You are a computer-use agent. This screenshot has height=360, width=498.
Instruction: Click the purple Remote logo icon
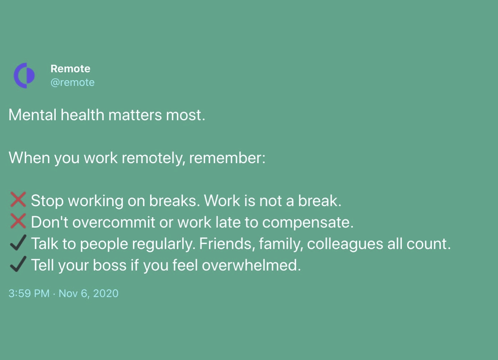[24, 76]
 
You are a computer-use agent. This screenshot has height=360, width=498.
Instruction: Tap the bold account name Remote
[70, 69]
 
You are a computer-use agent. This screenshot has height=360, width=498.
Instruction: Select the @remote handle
[73, 83]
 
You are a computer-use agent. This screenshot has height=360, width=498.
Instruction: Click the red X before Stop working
[18, 200]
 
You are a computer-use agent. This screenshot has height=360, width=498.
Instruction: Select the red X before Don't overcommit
[18, 221]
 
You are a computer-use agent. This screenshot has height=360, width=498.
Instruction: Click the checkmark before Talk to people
[18, 243]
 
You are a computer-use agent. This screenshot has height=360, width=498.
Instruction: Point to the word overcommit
[114, 222]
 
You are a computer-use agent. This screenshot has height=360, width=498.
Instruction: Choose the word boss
[110, 265]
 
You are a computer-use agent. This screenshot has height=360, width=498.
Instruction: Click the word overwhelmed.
[251, 265]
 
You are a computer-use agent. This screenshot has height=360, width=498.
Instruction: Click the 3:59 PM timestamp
[29, 293]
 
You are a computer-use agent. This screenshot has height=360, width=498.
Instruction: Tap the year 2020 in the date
[106, 293]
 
